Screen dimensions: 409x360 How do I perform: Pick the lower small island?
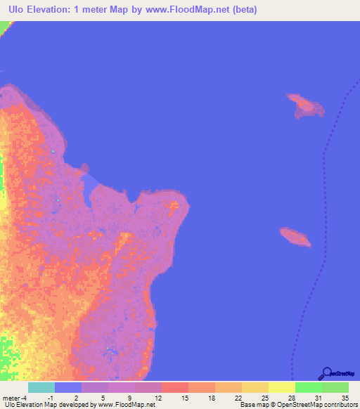coord(295,237)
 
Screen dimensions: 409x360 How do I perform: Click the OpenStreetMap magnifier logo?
coord(326,373)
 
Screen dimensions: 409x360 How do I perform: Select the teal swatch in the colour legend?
coord(41,387)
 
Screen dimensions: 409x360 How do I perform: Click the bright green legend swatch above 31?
coord(308,387)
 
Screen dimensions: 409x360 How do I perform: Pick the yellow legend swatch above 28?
coord(281,387)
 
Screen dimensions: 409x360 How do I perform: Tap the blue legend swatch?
coord(67,387)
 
